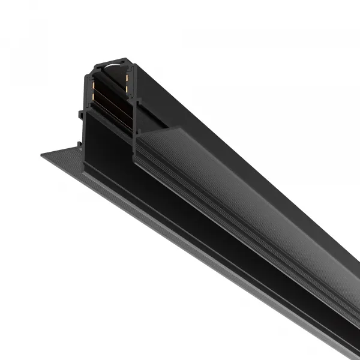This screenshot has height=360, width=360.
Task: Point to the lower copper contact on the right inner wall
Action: pos(127,90)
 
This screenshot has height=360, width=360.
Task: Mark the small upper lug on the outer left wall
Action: pos(79,113)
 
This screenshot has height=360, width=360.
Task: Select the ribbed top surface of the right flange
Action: pos(252,198)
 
